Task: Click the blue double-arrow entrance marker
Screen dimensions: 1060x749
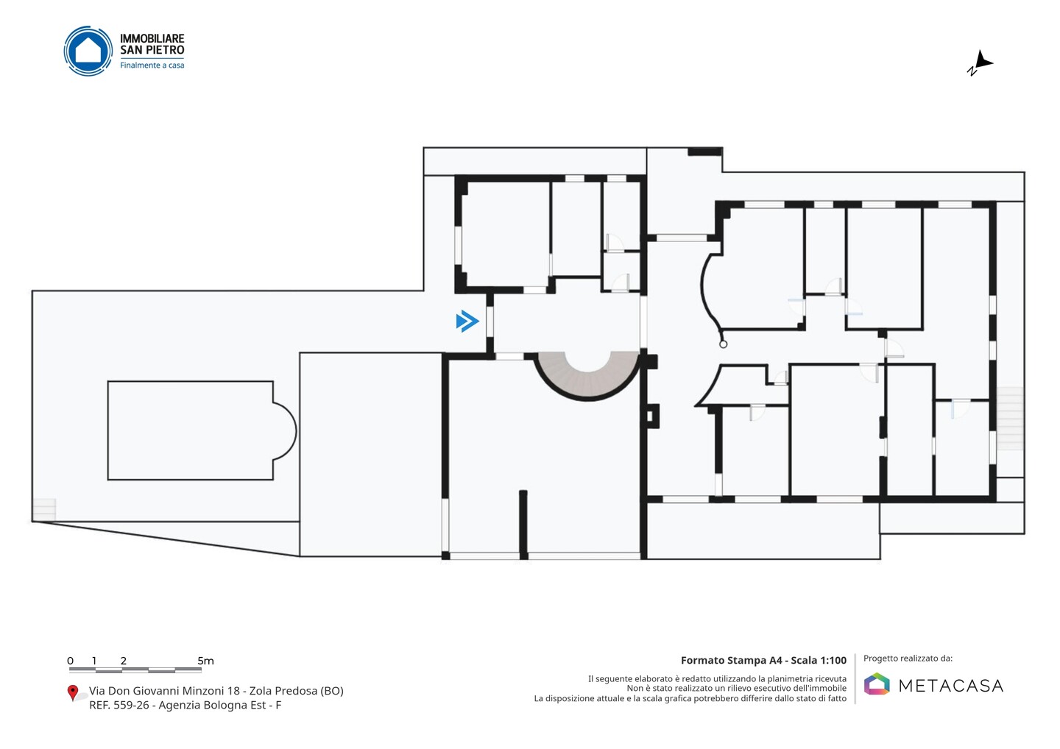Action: click(x=467, y=322)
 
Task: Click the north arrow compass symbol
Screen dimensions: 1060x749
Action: click(x=981, y=63)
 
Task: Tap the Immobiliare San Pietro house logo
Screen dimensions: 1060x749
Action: click(x=88, y=51)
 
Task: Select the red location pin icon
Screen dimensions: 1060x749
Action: click(x=72, y=693)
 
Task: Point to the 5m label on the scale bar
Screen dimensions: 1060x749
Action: click(x=205, y=661)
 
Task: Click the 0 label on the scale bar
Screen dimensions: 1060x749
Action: click(x=71, y=661)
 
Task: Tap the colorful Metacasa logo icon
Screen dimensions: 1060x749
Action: click(x=877, y=684)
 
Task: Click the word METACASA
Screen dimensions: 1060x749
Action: click(x=951, y=686)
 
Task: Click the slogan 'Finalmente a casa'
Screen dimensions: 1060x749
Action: click(x=152, y=65)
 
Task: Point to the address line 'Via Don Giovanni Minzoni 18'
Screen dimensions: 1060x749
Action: click(x=164, y=691)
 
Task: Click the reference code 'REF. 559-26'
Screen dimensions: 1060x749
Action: click(x=119, y=705)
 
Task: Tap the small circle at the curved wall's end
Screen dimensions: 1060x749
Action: click(x=723, y=344)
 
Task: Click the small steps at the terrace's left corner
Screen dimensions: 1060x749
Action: click(x=44, y=510)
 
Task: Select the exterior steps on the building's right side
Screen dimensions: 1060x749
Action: click(x=1010, y=419)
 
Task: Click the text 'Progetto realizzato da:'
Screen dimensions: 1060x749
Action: click(x=908, y=659)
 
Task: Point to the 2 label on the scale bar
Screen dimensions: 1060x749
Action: click(x=124, y=661)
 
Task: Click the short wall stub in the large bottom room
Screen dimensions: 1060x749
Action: click(x=523, y=525)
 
